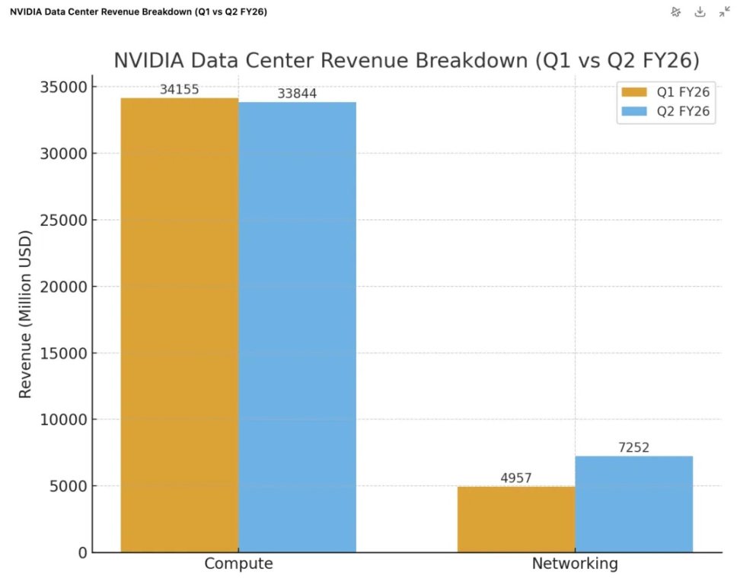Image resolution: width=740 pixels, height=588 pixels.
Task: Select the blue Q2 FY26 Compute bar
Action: [x=297, y=327]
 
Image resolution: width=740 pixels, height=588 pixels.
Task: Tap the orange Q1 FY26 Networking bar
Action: [x=516, y=519]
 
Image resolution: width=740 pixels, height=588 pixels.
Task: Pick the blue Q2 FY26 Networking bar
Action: [x=633, y=504]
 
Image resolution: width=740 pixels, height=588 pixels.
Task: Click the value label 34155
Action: [x=180, y=90]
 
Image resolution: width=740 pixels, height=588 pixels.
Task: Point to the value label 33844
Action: [x=297, y=94]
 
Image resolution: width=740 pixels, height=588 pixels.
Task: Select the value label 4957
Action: [x=516, y=478]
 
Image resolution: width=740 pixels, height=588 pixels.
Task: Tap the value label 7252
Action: [x=633, y=448]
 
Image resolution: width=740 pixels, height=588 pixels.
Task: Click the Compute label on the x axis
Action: [x=238, y=564]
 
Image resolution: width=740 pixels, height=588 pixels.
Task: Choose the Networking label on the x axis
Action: [x=575, y=564]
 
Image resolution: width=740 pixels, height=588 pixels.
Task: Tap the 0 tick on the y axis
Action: [x=82, y=553]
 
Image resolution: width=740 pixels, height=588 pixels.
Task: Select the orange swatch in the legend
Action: [x=633, y=93]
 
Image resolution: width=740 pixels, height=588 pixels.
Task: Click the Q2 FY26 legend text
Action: [x=683, y=112]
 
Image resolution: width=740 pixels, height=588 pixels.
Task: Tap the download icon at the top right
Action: [x=700, y=11]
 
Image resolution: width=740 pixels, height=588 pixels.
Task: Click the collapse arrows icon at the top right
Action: [x=724, y=11]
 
